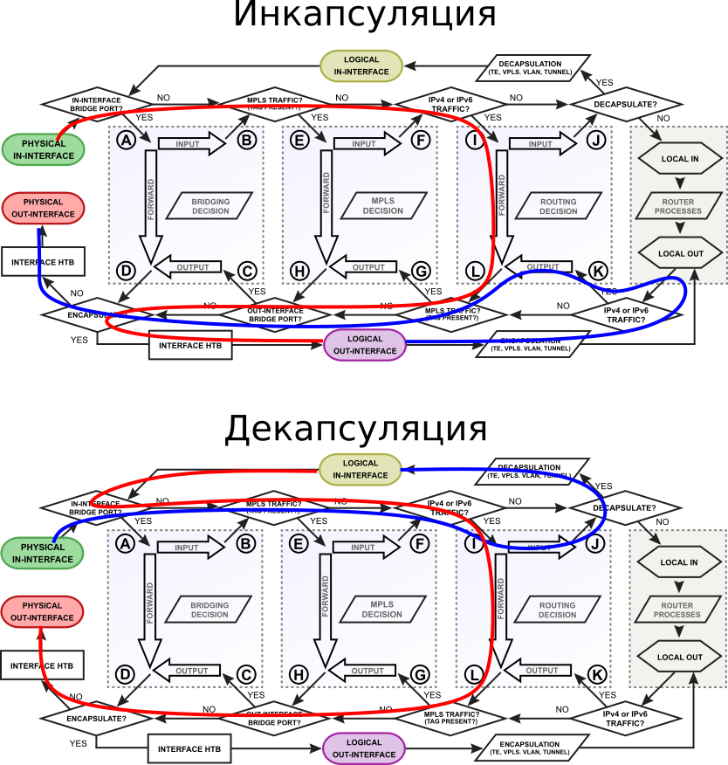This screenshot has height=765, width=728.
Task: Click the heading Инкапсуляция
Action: [x=365, y=16]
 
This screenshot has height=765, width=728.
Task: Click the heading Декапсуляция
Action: [x=355, y=429]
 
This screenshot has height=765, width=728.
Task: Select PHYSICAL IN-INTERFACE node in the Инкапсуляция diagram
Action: [x=43, y=148]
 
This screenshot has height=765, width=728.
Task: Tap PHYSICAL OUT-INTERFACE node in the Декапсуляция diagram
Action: [x=43, y=611]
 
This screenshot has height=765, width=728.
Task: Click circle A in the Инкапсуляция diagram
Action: [x=126, y=140]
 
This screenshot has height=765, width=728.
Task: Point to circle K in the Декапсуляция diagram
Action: [x=597, y=674]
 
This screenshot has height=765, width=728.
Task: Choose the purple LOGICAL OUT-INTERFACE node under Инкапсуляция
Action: [x=365, y=345]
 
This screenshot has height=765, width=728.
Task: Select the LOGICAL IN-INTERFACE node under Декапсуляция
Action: [x=361, y=470]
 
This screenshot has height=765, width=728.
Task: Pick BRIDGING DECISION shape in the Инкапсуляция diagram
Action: [x=210, y=206]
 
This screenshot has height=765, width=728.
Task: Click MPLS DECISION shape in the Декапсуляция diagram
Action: [x=382, y=610]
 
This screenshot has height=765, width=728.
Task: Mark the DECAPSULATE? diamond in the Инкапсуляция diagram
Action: [x=625, y=104]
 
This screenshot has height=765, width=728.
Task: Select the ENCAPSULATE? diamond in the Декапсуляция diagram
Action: [x=96, y=718]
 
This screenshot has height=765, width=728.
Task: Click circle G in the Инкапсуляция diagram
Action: [x=422, y=272]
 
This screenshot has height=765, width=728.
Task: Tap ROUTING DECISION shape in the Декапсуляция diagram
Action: [x=557, y=610]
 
